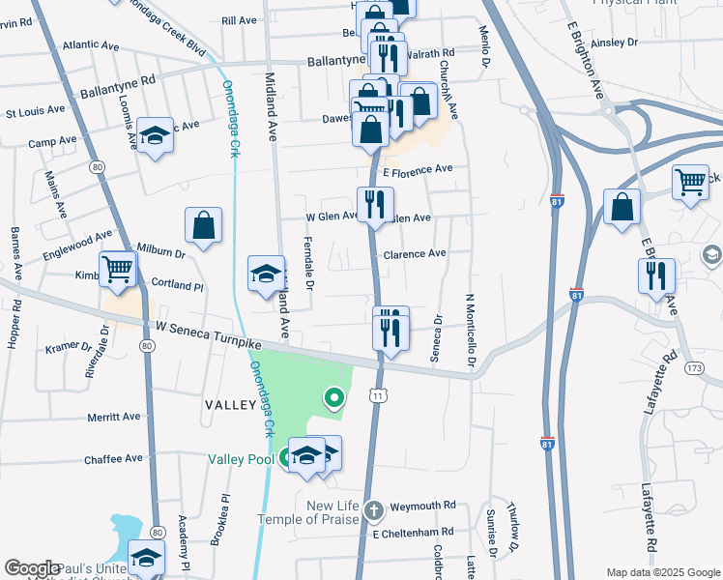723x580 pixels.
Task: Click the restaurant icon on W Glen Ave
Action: pos(374,204)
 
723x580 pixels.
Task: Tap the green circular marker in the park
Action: pos(334,396)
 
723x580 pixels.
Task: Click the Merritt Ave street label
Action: pos(114,418)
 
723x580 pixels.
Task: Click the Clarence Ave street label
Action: pos(415,254)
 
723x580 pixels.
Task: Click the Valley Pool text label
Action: pos(242,459)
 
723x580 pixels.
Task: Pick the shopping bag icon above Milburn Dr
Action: pos(204,227)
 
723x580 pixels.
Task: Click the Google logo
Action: pos(32,568)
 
